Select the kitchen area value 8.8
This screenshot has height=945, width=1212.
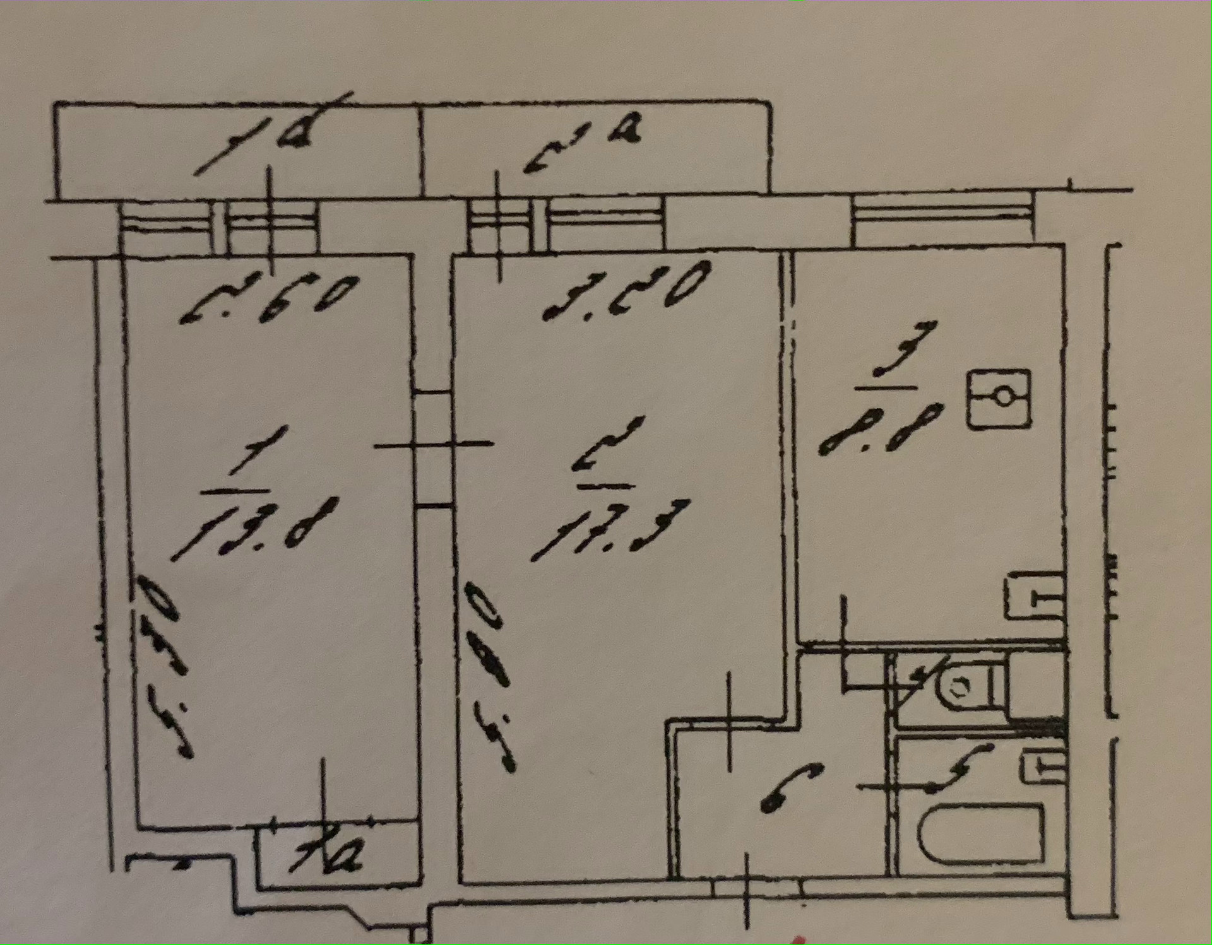pyautogui.click(x=881, y=429)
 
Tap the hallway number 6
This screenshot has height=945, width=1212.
pyautogui.click(x=789, y=789)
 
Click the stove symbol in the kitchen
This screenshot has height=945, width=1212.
pyautogui.click(x=999, y=398)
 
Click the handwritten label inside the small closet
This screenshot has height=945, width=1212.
pyautogui.click(x=326, y=855)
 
